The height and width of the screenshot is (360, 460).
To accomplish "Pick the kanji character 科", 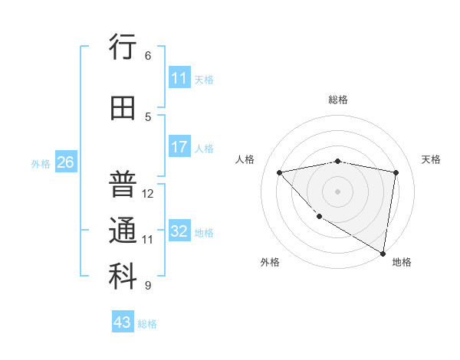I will point(123,277).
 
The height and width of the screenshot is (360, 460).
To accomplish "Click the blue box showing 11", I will point(179,78).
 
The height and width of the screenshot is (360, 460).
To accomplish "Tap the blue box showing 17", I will point(179,147).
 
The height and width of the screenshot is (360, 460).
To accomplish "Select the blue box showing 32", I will point(179,231).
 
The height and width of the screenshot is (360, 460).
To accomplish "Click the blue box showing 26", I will point(65,162).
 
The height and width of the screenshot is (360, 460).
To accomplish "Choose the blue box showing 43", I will point(123,322).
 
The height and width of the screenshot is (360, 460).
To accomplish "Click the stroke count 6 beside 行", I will point(148,56).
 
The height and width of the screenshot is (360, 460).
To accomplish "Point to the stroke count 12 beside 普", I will point(148,194).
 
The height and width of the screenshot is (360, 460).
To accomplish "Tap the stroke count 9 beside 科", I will point(148,286).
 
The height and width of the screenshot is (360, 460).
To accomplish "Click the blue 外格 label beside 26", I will point(41,163).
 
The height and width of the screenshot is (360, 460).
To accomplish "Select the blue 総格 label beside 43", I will point(147,323).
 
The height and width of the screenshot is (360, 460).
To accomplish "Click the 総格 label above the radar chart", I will point(338,100).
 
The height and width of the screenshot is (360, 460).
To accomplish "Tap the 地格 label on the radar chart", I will point(402,262).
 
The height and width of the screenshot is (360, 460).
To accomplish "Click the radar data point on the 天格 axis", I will point(396,172).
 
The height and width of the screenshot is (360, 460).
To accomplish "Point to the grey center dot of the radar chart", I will point(338,191).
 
